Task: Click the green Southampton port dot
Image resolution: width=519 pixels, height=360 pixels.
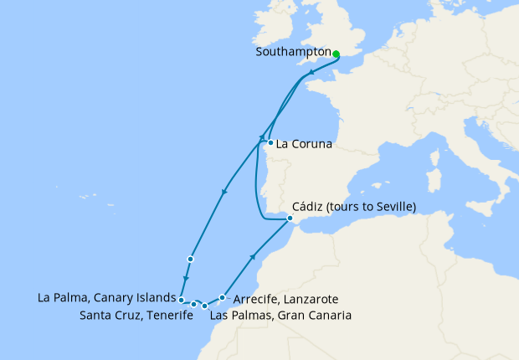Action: (x=336, y=54)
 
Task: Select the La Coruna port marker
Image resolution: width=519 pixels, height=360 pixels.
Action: (x=270, y=143)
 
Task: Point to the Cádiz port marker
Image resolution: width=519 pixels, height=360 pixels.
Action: (x=290, y=219)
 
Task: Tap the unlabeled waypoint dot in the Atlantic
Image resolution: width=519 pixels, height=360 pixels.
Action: (x=192, y=259)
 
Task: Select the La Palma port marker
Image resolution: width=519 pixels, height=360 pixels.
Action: (x=182, y=298)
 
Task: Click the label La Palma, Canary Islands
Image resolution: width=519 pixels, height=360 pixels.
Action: (x=108, y=297)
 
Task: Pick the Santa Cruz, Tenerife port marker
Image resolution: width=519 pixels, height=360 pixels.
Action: (x=194, y=304)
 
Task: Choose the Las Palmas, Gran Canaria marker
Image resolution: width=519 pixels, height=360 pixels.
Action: (x=205, y=306)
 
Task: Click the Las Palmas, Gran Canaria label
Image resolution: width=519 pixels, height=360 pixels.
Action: (x=280, y=316)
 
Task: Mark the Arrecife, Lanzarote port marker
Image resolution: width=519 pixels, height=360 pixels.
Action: (x=222, y=297)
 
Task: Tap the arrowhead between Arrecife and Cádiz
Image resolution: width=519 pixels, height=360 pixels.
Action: (x=253, y=259)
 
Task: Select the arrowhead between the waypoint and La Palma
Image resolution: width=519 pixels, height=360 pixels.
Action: (x=187, y=278)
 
